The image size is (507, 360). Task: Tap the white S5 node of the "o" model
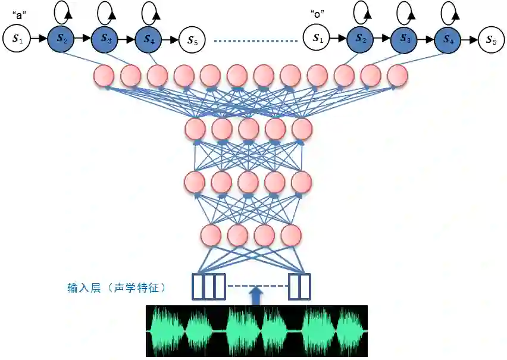(490, 39)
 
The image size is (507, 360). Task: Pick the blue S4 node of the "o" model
(447, 39)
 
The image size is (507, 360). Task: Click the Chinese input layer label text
(117, 287)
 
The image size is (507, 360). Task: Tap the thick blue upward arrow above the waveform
(255, 295)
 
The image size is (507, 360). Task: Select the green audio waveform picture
(256, 331)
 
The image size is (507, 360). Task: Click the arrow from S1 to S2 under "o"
(338, 39)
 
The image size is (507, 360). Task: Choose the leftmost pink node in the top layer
(104, 75)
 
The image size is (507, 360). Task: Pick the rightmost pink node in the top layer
(397, 75)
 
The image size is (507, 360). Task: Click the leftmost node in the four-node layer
(212, 236)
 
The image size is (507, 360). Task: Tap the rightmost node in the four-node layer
(290, 236)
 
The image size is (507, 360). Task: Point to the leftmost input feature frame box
(197, 286)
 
